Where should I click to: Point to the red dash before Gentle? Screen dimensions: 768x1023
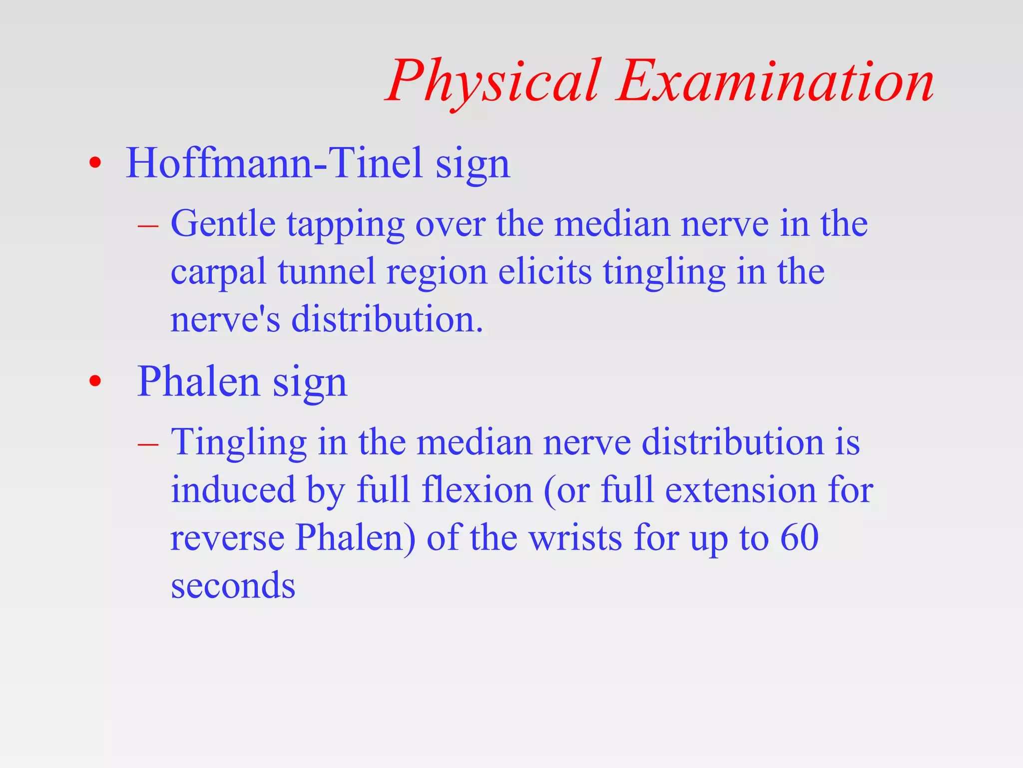[x=148, y=226]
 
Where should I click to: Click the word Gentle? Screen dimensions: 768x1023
[x=223, y=223]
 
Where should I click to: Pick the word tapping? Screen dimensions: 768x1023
[x=345, y=225]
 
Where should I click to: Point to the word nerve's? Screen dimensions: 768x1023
[x=225, y=320]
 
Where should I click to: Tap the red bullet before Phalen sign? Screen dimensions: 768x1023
[x=95, y=381]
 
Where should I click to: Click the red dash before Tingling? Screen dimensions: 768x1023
[x=148, y=444]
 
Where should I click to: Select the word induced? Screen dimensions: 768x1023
[x=233, y=489]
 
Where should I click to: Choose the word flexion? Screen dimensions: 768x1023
[x=477, y=489]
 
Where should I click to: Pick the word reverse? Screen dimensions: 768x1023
[x=227, y=539]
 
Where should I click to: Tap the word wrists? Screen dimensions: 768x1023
[x=575, y=538]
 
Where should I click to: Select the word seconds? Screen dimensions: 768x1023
[x=233, y=586]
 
